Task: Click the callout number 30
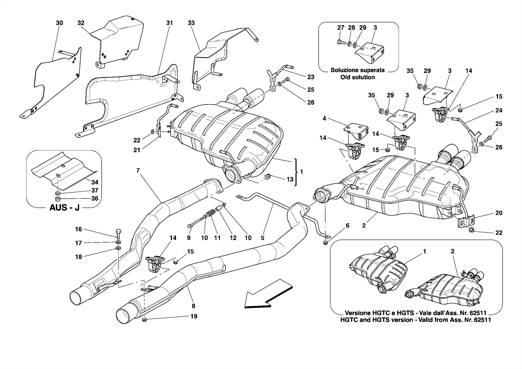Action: [59, 23]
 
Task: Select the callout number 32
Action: [81, 23]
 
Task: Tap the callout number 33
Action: [191, 23]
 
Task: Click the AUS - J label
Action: [64, 207]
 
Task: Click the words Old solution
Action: [358, 77]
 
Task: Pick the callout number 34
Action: [95, 182]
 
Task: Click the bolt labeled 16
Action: [119, 232]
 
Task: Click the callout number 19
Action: [194, 316]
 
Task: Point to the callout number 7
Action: [138, 171]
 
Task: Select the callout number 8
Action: [193, 306]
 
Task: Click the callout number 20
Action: [499, 213]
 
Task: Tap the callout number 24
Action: [499, 110]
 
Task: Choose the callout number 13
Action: [290, 179]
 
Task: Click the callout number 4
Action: [324, 118]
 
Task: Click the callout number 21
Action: [137, 150]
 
